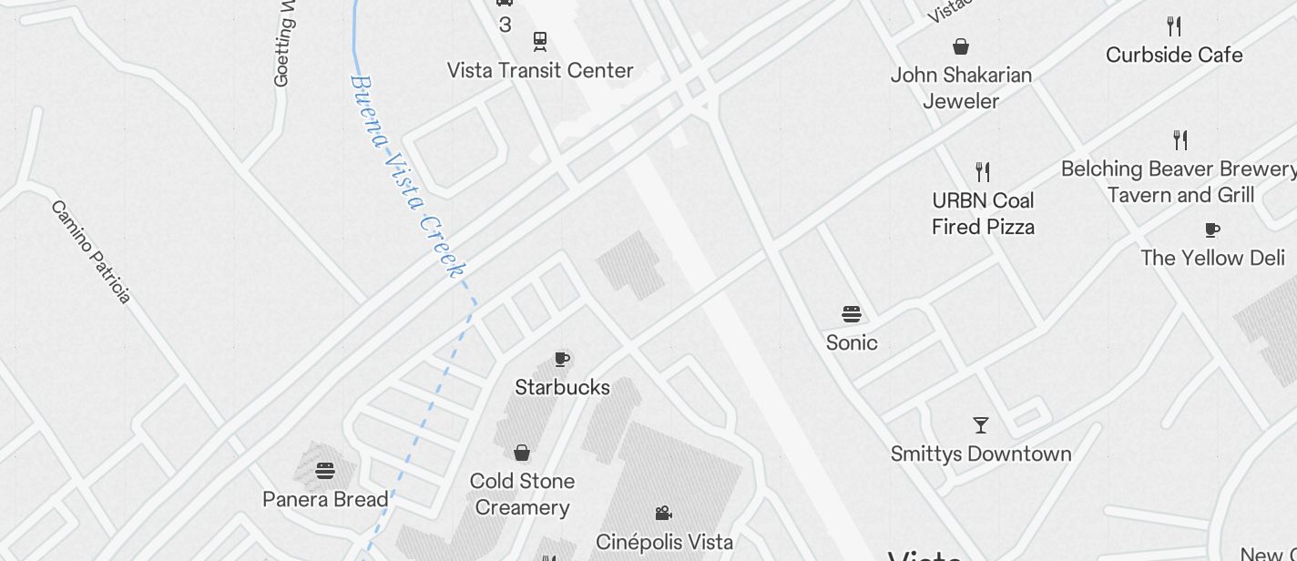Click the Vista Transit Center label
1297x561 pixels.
(540, 70)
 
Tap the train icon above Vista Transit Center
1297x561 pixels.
(540, 41)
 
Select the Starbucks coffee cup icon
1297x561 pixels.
(562, 359)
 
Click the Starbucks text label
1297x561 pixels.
(562, 387)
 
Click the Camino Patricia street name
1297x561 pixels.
(91, 251)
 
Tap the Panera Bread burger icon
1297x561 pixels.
(325, 471)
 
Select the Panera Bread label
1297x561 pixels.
(325, 499)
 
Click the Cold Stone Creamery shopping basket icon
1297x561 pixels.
(522, 453)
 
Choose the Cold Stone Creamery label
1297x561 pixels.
(522, 494)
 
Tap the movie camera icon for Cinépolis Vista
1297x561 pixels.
(664, 514)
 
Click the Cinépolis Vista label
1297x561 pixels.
(664, 542)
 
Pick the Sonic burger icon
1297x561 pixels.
(852, 315)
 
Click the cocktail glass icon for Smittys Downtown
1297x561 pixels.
(981, 425)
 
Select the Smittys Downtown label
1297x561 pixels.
(981, 454)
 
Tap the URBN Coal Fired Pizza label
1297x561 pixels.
(983, 213)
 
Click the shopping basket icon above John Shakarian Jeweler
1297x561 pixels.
(961, 46)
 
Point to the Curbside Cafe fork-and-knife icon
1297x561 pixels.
(1174, 26)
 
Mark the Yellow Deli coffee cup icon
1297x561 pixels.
(1212, 229)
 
